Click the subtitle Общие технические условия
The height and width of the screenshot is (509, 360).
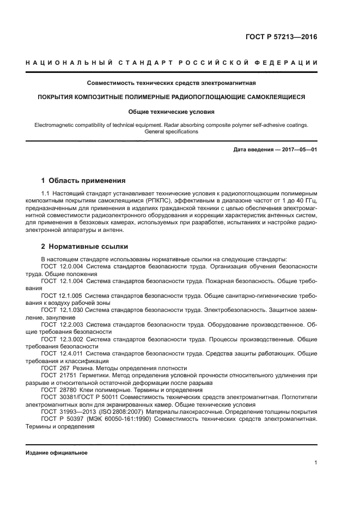(x=172, y=112)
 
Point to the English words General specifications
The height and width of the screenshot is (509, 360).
(x=171, y=132)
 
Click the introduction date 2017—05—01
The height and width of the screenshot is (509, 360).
(x=299, y=149)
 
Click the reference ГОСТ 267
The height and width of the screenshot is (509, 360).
(x=52, y=368)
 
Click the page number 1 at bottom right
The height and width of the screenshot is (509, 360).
(x=316, y=463)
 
